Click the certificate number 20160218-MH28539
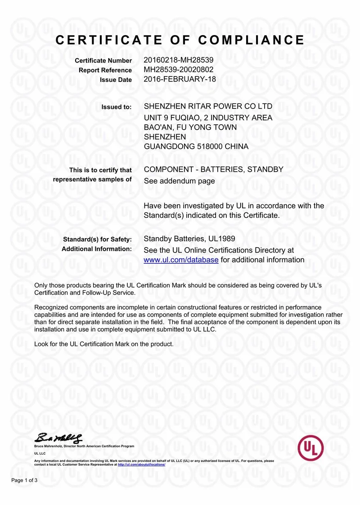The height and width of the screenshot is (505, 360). pos(178,60)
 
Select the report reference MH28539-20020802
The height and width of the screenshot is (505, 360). pos(178,70)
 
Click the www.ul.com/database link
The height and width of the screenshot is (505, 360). pos(181,260)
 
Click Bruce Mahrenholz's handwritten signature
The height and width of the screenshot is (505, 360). pos(59,437)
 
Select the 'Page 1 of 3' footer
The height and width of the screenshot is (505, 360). pos(24,481)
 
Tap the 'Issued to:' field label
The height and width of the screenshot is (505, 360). pos(117,107)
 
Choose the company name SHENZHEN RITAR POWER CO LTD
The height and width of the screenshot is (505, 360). pos(208,107)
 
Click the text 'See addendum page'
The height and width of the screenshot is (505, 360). pos(179,181)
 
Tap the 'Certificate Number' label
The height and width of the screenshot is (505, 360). pos(103,61)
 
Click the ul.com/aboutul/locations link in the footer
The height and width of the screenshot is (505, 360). pos(141,464)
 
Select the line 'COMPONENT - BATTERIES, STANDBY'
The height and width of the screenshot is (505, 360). pos(213,170)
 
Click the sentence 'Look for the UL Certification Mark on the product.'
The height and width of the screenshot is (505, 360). pos(104,344)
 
